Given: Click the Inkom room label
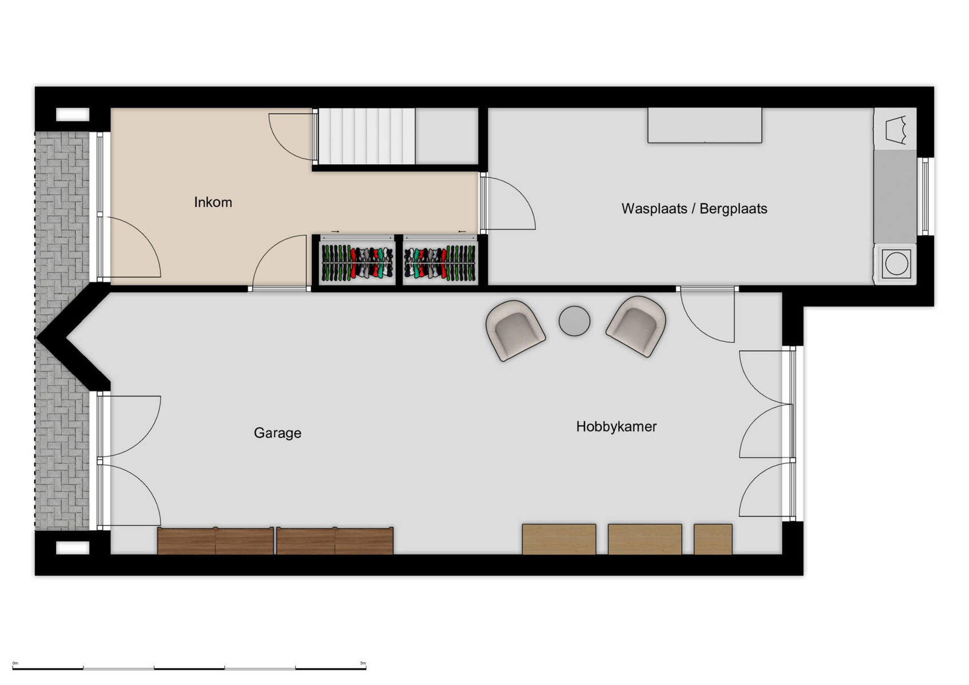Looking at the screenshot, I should pos(213,202).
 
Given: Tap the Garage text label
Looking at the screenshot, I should pos(277,433).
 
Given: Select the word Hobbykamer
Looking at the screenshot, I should pos(616,426).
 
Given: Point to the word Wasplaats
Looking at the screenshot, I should pos(654,208).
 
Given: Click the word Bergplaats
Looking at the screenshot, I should pos(733,208).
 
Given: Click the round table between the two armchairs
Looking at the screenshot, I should pos(574,321).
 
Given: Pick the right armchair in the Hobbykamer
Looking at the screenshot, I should pos(636,325).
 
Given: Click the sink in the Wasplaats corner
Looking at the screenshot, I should pos(895,128).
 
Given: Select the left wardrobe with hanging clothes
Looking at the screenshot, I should pos(357,263).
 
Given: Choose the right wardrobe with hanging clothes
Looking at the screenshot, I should pos(440,263).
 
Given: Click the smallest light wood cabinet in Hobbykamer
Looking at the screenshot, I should pos(713,539).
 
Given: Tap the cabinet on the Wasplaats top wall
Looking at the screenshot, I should pos(704,125).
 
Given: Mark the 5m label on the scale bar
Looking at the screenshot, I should pos(363,663).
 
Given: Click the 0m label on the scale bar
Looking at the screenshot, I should pos(15,663).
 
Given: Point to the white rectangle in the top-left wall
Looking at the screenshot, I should pos(73,115).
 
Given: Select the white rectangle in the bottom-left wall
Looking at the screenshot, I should pos(73,548).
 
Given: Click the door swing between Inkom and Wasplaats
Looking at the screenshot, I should pos(507,204).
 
